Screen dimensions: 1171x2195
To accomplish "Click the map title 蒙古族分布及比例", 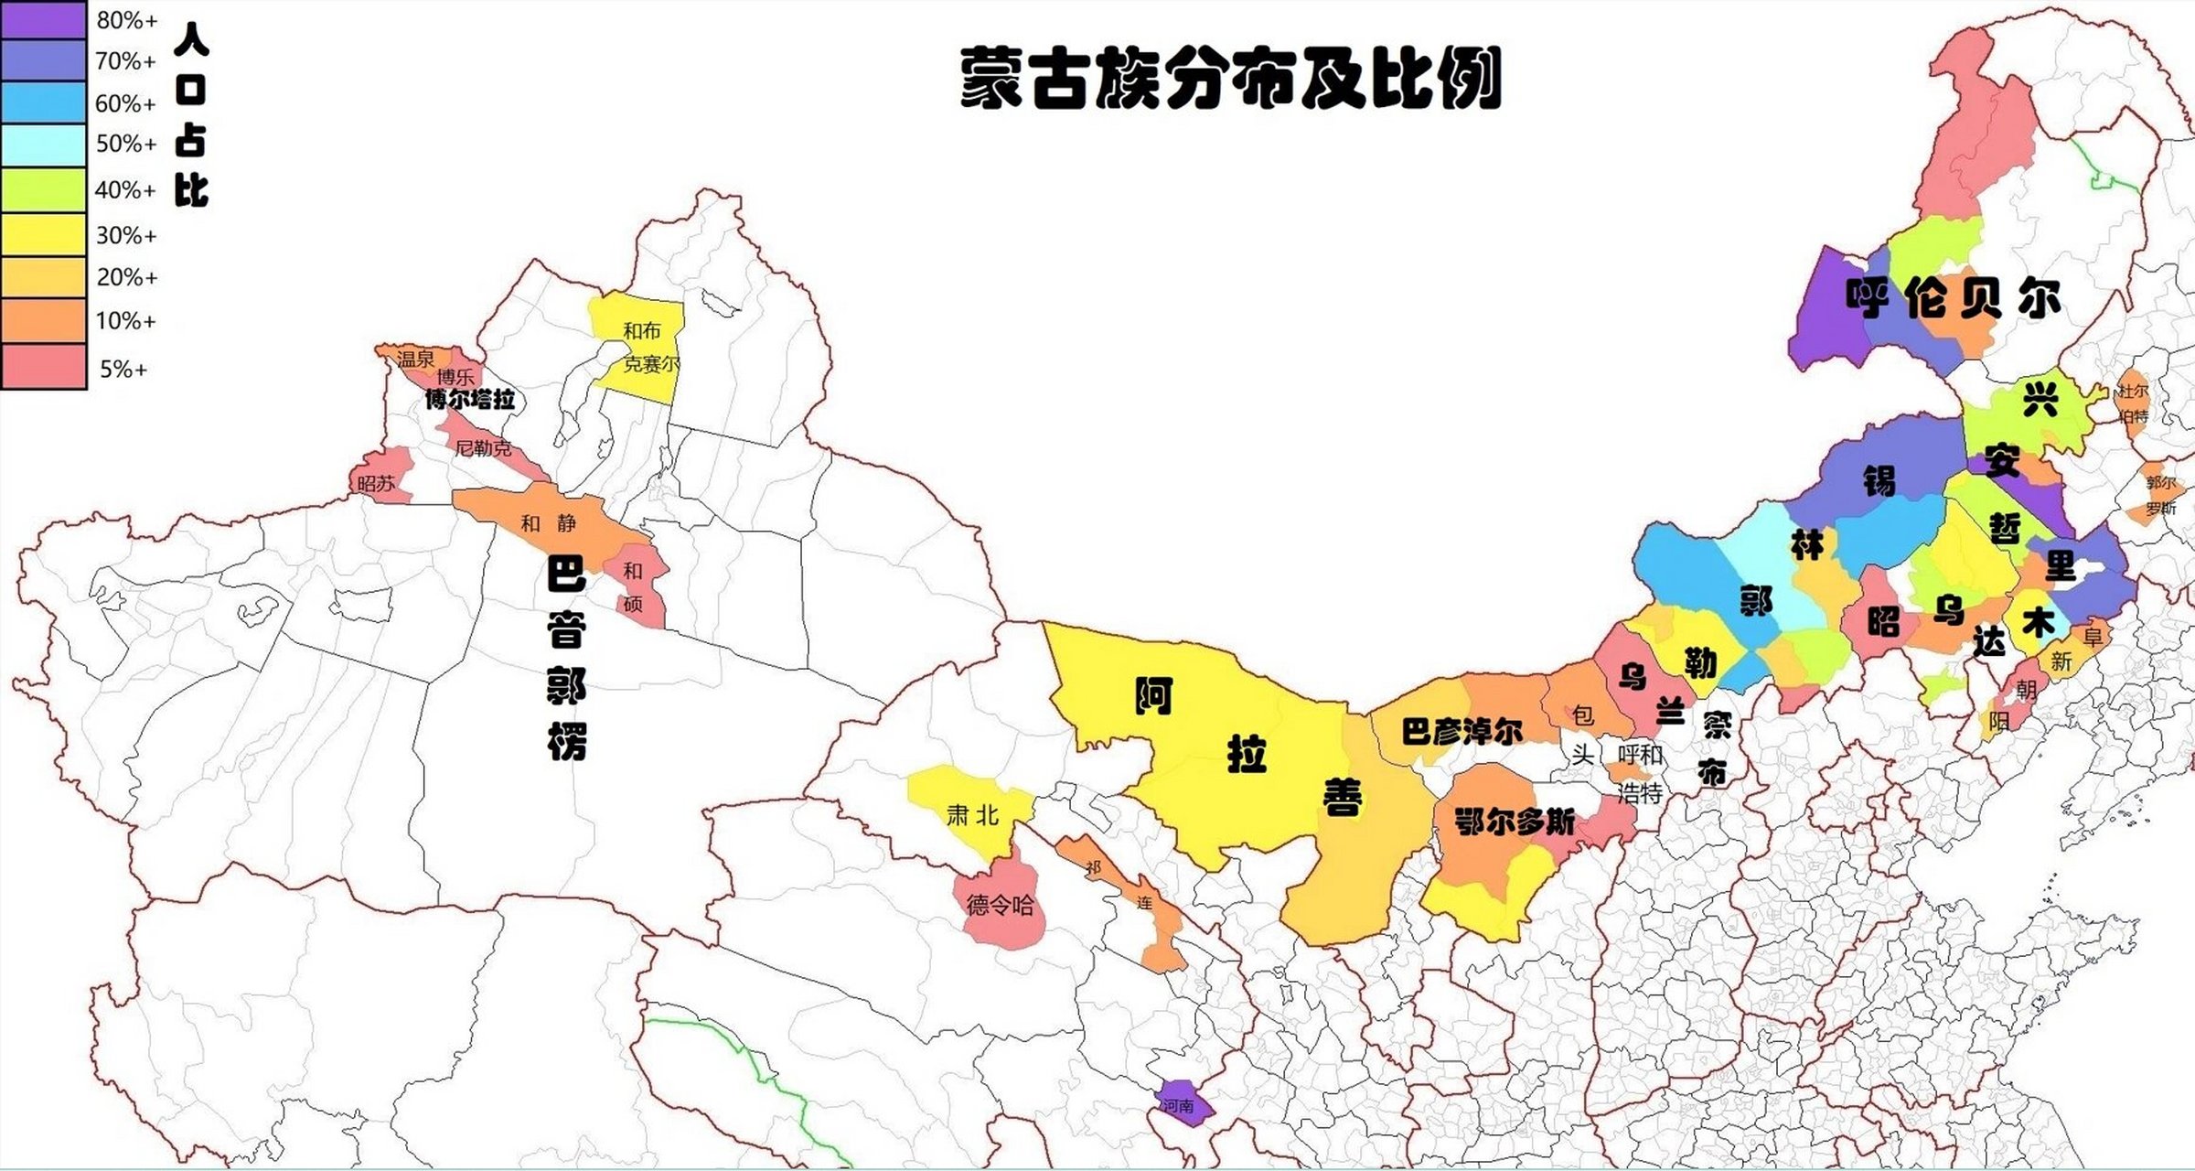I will tap(1230, 80).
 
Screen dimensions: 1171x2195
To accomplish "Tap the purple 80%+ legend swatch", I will tap(43, 20).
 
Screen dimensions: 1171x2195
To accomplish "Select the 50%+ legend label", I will tap(126, 145).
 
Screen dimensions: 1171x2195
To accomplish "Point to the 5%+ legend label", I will tap(123, 370).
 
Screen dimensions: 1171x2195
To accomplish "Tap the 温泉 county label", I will tap(415, 360).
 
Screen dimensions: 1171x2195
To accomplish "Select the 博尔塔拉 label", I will tap(470, 400).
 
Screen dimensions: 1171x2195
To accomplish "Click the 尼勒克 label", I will tap(483, 448).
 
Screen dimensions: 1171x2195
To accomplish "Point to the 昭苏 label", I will tap(376, 484).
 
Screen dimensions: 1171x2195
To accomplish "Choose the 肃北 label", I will tap(972, 815).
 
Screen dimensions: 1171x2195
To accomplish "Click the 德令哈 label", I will tap(1000, 906).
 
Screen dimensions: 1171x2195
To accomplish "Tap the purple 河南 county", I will tap(1181, 1105).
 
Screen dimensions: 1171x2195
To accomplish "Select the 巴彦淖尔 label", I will tap(1462, 731).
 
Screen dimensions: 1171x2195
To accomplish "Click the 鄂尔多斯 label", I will tap(1515, 822).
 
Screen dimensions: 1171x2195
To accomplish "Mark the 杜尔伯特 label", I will tap(2133, 403).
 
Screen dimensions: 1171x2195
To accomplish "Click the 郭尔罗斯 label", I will tap(2160, 495).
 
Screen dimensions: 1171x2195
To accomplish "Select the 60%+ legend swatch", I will tap(43, 102).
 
